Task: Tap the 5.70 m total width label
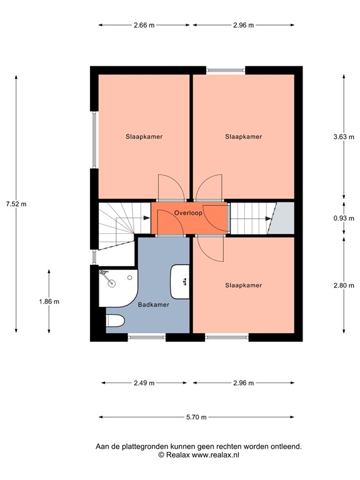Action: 197,417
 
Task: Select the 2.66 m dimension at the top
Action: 144,26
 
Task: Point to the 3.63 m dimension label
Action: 344,136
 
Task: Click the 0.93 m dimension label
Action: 344,218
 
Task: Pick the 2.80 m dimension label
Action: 344,286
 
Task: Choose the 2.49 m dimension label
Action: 144,382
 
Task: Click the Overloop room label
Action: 189,213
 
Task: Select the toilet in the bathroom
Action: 114,321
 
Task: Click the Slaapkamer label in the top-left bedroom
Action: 144,136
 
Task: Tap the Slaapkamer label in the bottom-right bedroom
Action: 243,286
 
